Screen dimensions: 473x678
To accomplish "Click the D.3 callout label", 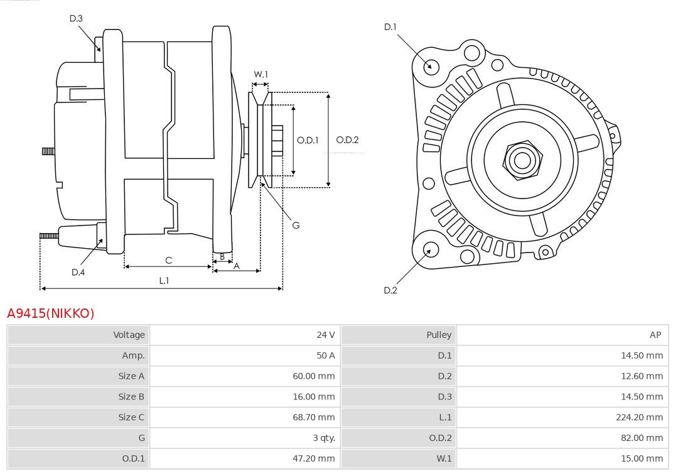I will (76, 18).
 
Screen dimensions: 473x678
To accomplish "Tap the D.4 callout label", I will (78, 272).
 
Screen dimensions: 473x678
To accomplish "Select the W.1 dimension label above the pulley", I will (261, 74).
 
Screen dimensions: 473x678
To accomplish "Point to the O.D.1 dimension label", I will (308, 140).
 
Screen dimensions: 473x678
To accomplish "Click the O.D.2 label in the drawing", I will (347, 140).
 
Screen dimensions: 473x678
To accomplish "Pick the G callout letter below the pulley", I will (296, 225).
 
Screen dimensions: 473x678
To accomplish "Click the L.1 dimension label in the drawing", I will (163, 281).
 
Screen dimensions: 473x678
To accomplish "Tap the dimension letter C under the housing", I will (168, 260).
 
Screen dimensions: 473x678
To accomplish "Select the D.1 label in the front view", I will (390, 26).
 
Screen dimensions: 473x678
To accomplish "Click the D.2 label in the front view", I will (390, 290).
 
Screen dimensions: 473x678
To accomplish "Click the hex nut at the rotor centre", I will (522, 160).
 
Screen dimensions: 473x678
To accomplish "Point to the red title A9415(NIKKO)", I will (50, 313).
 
